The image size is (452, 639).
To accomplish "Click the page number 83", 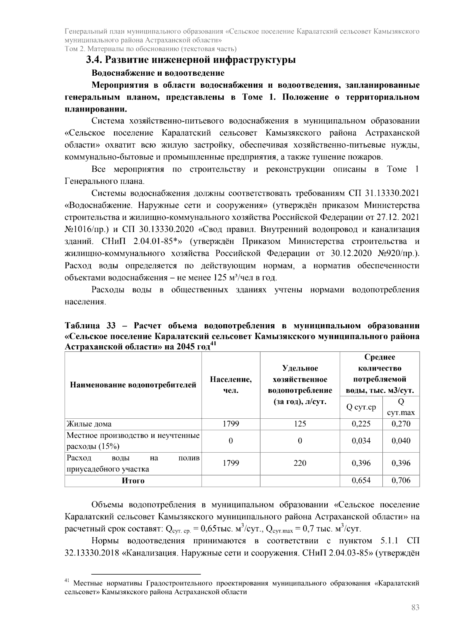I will click(x=415, y=607).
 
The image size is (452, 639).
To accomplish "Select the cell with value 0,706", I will click(x=401, y=480).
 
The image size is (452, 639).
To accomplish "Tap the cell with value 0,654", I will click(x=361, y=480).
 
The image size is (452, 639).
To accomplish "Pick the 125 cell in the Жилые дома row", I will click(x=300, y=424).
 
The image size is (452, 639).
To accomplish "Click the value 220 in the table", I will click(x=300, y=463).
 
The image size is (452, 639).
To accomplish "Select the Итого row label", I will click(x=133, y=481).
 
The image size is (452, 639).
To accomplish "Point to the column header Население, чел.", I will click(x=231, y=385).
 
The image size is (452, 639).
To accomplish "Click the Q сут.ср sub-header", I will click(x=361, y=407).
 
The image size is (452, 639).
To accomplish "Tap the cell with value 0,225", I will click(x=361, y=424).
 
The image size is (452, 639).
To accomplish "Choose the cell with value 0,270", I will click(x=401, y=424).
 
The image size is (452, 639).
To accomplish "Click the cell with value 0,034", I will click(x=361, y=441).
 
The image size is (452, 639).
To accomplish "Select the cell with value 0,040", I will click(x=401, y=441).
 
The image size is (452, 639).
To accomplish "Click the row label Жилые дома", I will click(x=89, y=424).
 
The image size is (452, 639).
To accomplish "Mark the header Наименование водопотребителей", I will click(x=133, y=385).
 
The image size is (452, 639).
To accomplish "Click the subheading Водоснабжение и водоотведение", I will click(x=158, y=73).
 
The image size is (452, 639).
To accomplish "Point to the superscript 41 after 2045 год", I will click(x=213, y=343).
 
